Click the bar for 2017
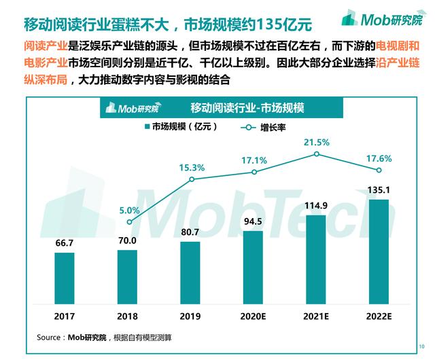tap(64, 280)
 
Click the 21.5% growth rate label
tap(317, 142)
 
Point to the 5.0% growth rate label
tap(128, 210)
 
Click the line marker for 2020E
tap(254, 172)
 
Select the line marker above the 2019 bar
tap(191, 179)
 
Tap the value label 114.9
tap(317, 206)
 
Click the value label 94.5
tap(254, 221)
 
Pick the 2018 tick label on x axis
tap(128, 317)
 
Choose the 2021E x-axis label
tap(317, 317)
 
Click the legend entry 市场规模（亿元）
tap(177, 126)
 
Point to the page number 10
tap(421, 346)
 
